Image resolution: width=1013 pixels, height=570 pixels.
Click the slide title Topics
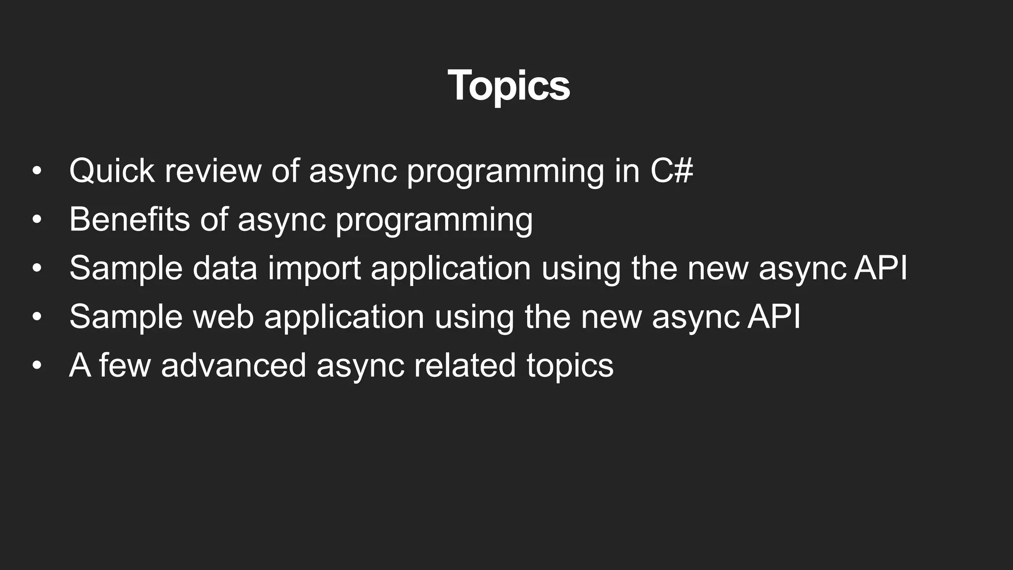(508, 86)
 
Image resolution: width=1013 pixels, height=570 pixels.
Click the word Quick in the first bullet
(112, 171)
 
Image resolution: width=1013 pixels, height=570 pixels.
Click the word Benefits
(129, 219)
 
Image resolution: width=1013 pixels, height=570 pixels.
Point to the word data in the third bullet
(225, 268)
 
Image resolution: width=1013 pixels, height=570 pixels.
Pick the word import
(314, 268)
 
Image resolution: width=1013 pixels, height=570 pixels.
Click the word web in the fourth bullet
(223, 317)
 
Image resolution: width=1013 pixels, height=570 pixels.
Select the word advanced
(233, 365)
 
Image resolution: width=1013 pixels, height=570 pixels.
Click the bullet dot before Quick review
(37, 171)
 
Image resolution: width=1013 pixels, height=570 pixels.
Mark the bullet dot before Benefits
(37, 219)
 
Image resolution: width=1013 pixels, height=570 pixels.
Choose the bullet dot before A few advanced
(37, 365)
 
